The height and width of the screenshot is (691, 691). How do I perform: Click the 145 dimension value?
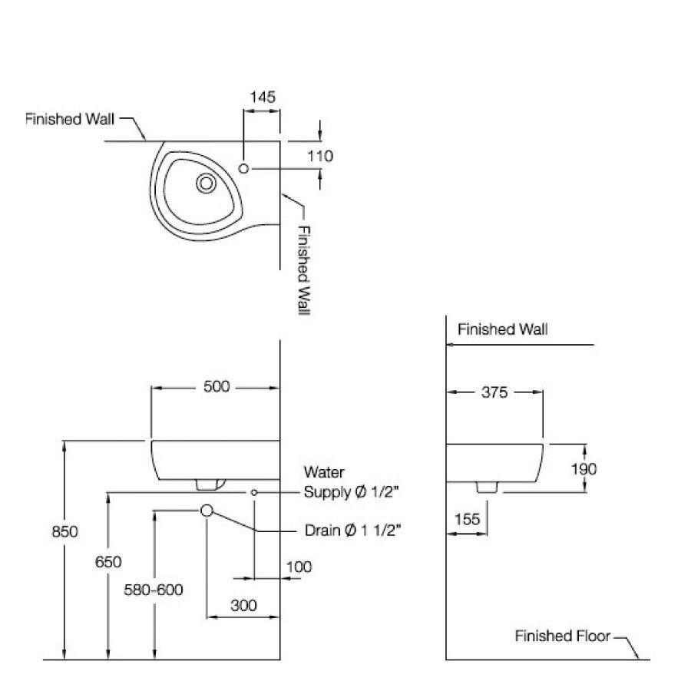[x=262, y=97]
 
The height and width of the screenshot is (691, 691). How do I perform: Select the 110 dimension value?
[x=319, y=156]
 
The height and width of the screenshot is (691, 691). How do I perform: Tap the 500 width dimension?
[x=217, y=386]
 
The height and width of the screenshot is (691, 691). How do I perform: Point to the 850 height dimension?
[x=65, y=531]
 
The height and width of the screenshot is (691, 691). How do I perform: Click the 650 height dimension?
[x=108, y=562]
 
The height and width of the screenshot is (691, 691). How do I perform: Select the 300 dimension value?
[x=243, y=605]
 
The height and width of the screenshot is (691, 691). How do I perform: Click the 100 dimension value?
[x=299, y=567]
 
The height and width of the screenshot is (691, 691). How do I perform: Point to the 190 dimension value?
[x=584, y=468]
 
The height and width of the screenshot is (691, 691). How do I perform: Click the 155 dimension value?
[x=466, y=519]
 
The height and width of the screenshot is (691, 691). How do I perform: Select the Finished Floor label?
[x=562, y=636]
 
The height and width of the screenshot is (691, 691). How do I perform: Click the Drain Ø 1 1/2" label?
[x=353, y=530]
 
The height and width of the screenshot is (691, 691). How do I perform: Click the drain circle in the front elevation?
[x=207, y=511]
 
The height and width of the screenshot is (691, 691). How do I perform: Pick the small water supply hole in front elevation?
[x=253, y=491]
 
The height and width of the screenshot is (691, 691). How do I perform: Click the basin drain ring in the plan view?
[x=206, y=183]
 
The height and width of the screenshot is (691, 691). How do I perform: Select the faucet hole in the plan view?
[x=244, y=168]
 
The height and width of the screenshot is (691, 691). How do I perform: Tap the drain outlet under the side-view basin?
[x=486, y=488]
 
